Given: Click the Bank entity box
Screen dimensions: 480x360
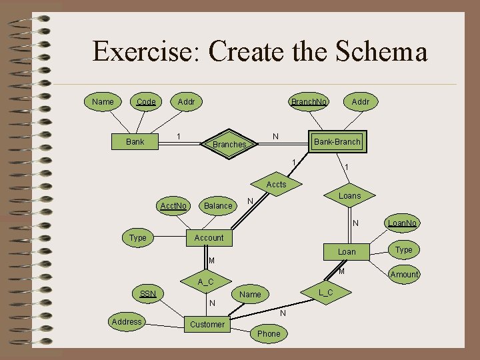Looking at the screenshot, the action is (135, 141).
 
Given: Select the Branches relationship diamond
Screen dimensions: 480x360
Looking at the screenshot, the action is (229, 144).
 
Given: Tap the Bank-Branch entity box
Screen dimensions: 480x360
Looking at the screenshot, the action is (337, 141).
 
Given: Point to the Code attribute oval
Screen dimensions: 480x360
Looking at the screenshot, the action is (146, 102).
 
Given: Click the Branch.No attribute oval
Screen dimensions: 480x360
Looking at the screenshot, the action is (309, 102).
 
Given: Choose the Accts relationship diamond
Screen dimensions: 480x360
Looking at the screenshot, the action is (276, 184).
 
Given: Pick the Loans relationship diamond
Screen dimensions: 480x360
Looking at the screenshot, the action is (349, 195).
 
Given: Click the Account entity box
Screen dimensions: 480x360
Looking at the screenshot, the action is (209, 237).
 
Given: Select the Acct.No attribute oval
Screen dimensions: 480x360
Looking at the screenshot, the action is (173, 205).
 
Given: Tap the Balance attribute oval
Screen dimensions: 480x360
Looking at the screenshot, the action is (218, 205).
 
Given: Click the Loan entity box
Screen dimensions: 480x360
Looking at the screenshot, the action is (347, 251).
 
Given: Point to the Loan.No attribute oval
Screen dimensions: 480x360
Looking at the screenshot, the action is (403, 223).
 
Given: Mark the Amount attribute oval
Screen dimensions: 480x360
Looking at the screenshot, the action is (404, 274).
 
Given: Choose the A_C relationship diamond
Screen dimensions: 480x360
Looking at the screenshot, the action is (206, 282).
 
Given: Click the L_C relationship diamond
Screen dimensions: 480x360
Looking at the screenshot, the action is (326, 293).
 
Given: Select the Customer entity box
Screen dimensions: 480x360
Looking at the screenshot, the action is (207, 324).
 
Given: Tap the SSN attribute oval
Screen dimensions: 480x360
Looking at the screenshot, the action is (147, 293).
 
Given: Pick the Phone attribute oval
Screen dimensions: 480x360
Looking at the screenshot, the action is (269, 333).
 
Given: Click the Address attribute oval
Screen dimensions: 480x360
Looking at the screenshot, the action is (127, 321).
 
